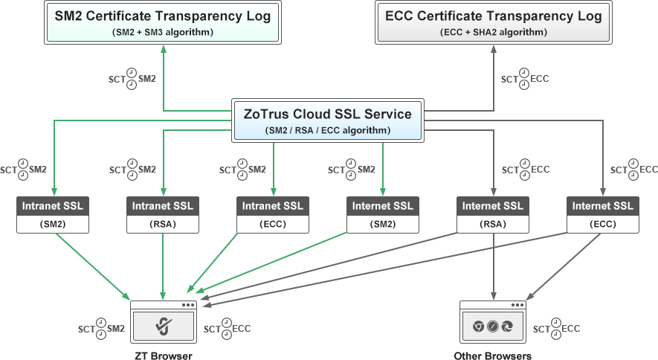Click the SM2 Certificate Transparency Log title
[x=163, y=15]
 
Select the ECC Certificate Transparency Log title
[x=493, y=15]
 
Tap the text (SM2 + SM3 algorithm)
[x=163, y=32]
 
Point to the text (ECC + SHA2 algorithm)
[x=493, y=32]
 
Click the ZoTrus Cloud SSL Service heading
[x=328, y=114]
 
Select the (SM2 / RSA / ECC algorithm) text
[x=328, y=130]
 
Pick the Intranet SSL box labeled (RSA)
[x=163, y=214]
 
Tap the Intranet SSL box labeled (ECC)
[x=273, y=214]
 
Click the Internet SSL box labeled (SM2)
[x=382, y=214]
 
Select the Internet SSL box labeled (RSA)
[x=493, y=214]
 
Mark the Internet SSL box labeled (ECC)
[x=602, y=214]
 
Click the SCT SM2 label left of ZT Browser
[x=101, y=328]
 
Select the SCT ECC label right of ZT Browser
[x=227, y=328]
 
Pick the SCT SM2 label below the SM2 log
[x=132, y=78]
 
